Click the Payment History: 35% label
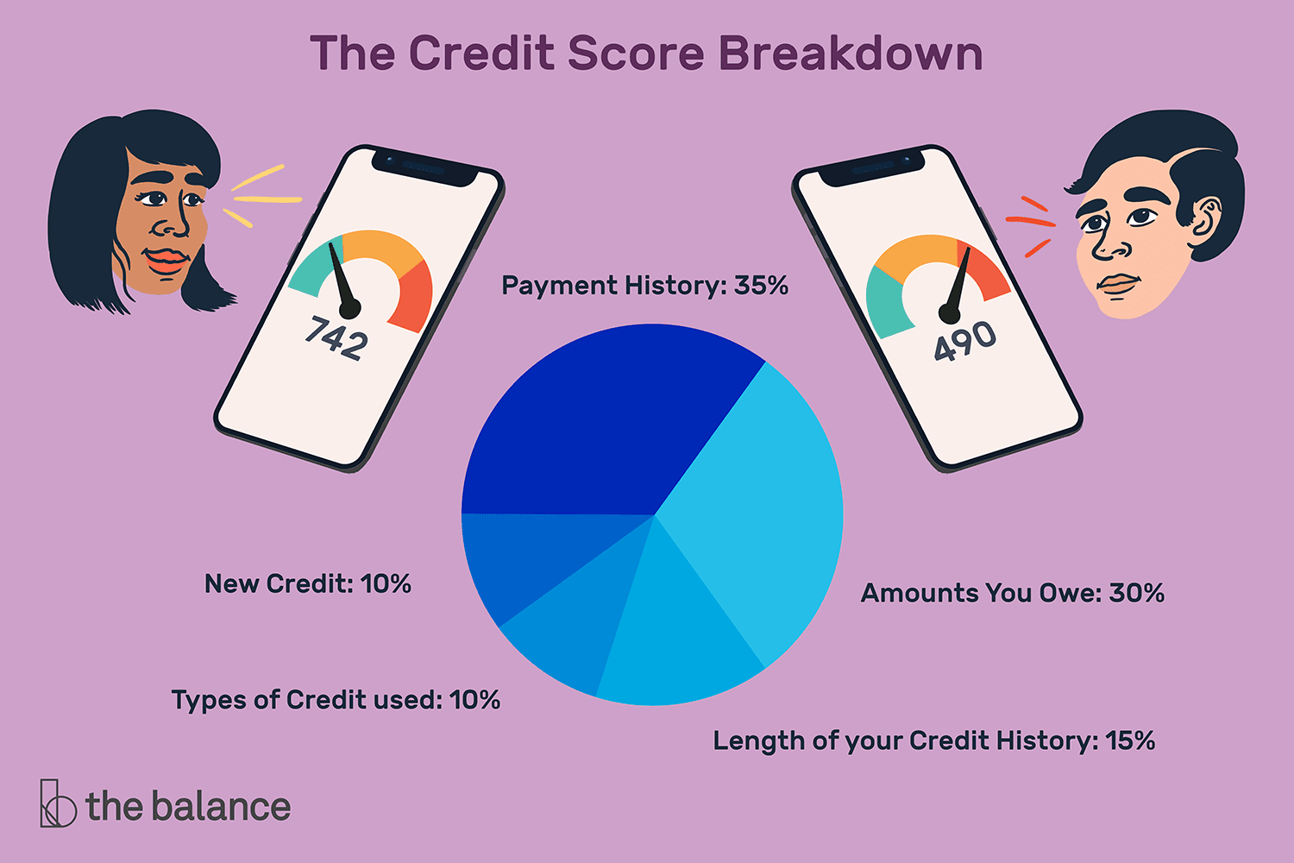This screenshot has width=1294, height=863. [644, 286]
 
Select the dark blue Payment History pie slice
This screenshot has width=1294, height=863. [604, 423]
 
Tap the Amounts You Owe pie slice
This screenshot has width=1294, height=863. [759, 518]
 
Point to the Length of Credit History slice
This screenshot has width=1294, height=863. [673, 639]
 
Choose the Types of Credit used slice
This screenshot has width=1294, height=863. [569, 630]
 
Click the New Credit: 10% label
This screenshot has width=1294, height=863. [307, 584]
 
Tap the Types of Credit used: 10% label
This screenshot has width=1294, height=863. [336, 700]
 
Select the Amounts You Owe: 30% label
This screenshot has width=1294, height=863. [1012, 594]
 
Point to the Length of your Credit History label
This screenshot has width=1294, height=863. [933, 741]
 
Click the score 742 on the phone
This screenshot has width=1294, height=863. [336, 337]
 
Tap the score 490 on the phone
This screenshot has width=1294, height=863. [965, 342]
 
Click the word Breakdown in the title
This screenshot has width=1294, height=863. [851, 54]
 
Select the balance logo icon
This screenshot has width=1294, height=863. [57, 804]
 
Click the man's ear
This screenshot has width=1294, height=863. [1205, 221]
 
